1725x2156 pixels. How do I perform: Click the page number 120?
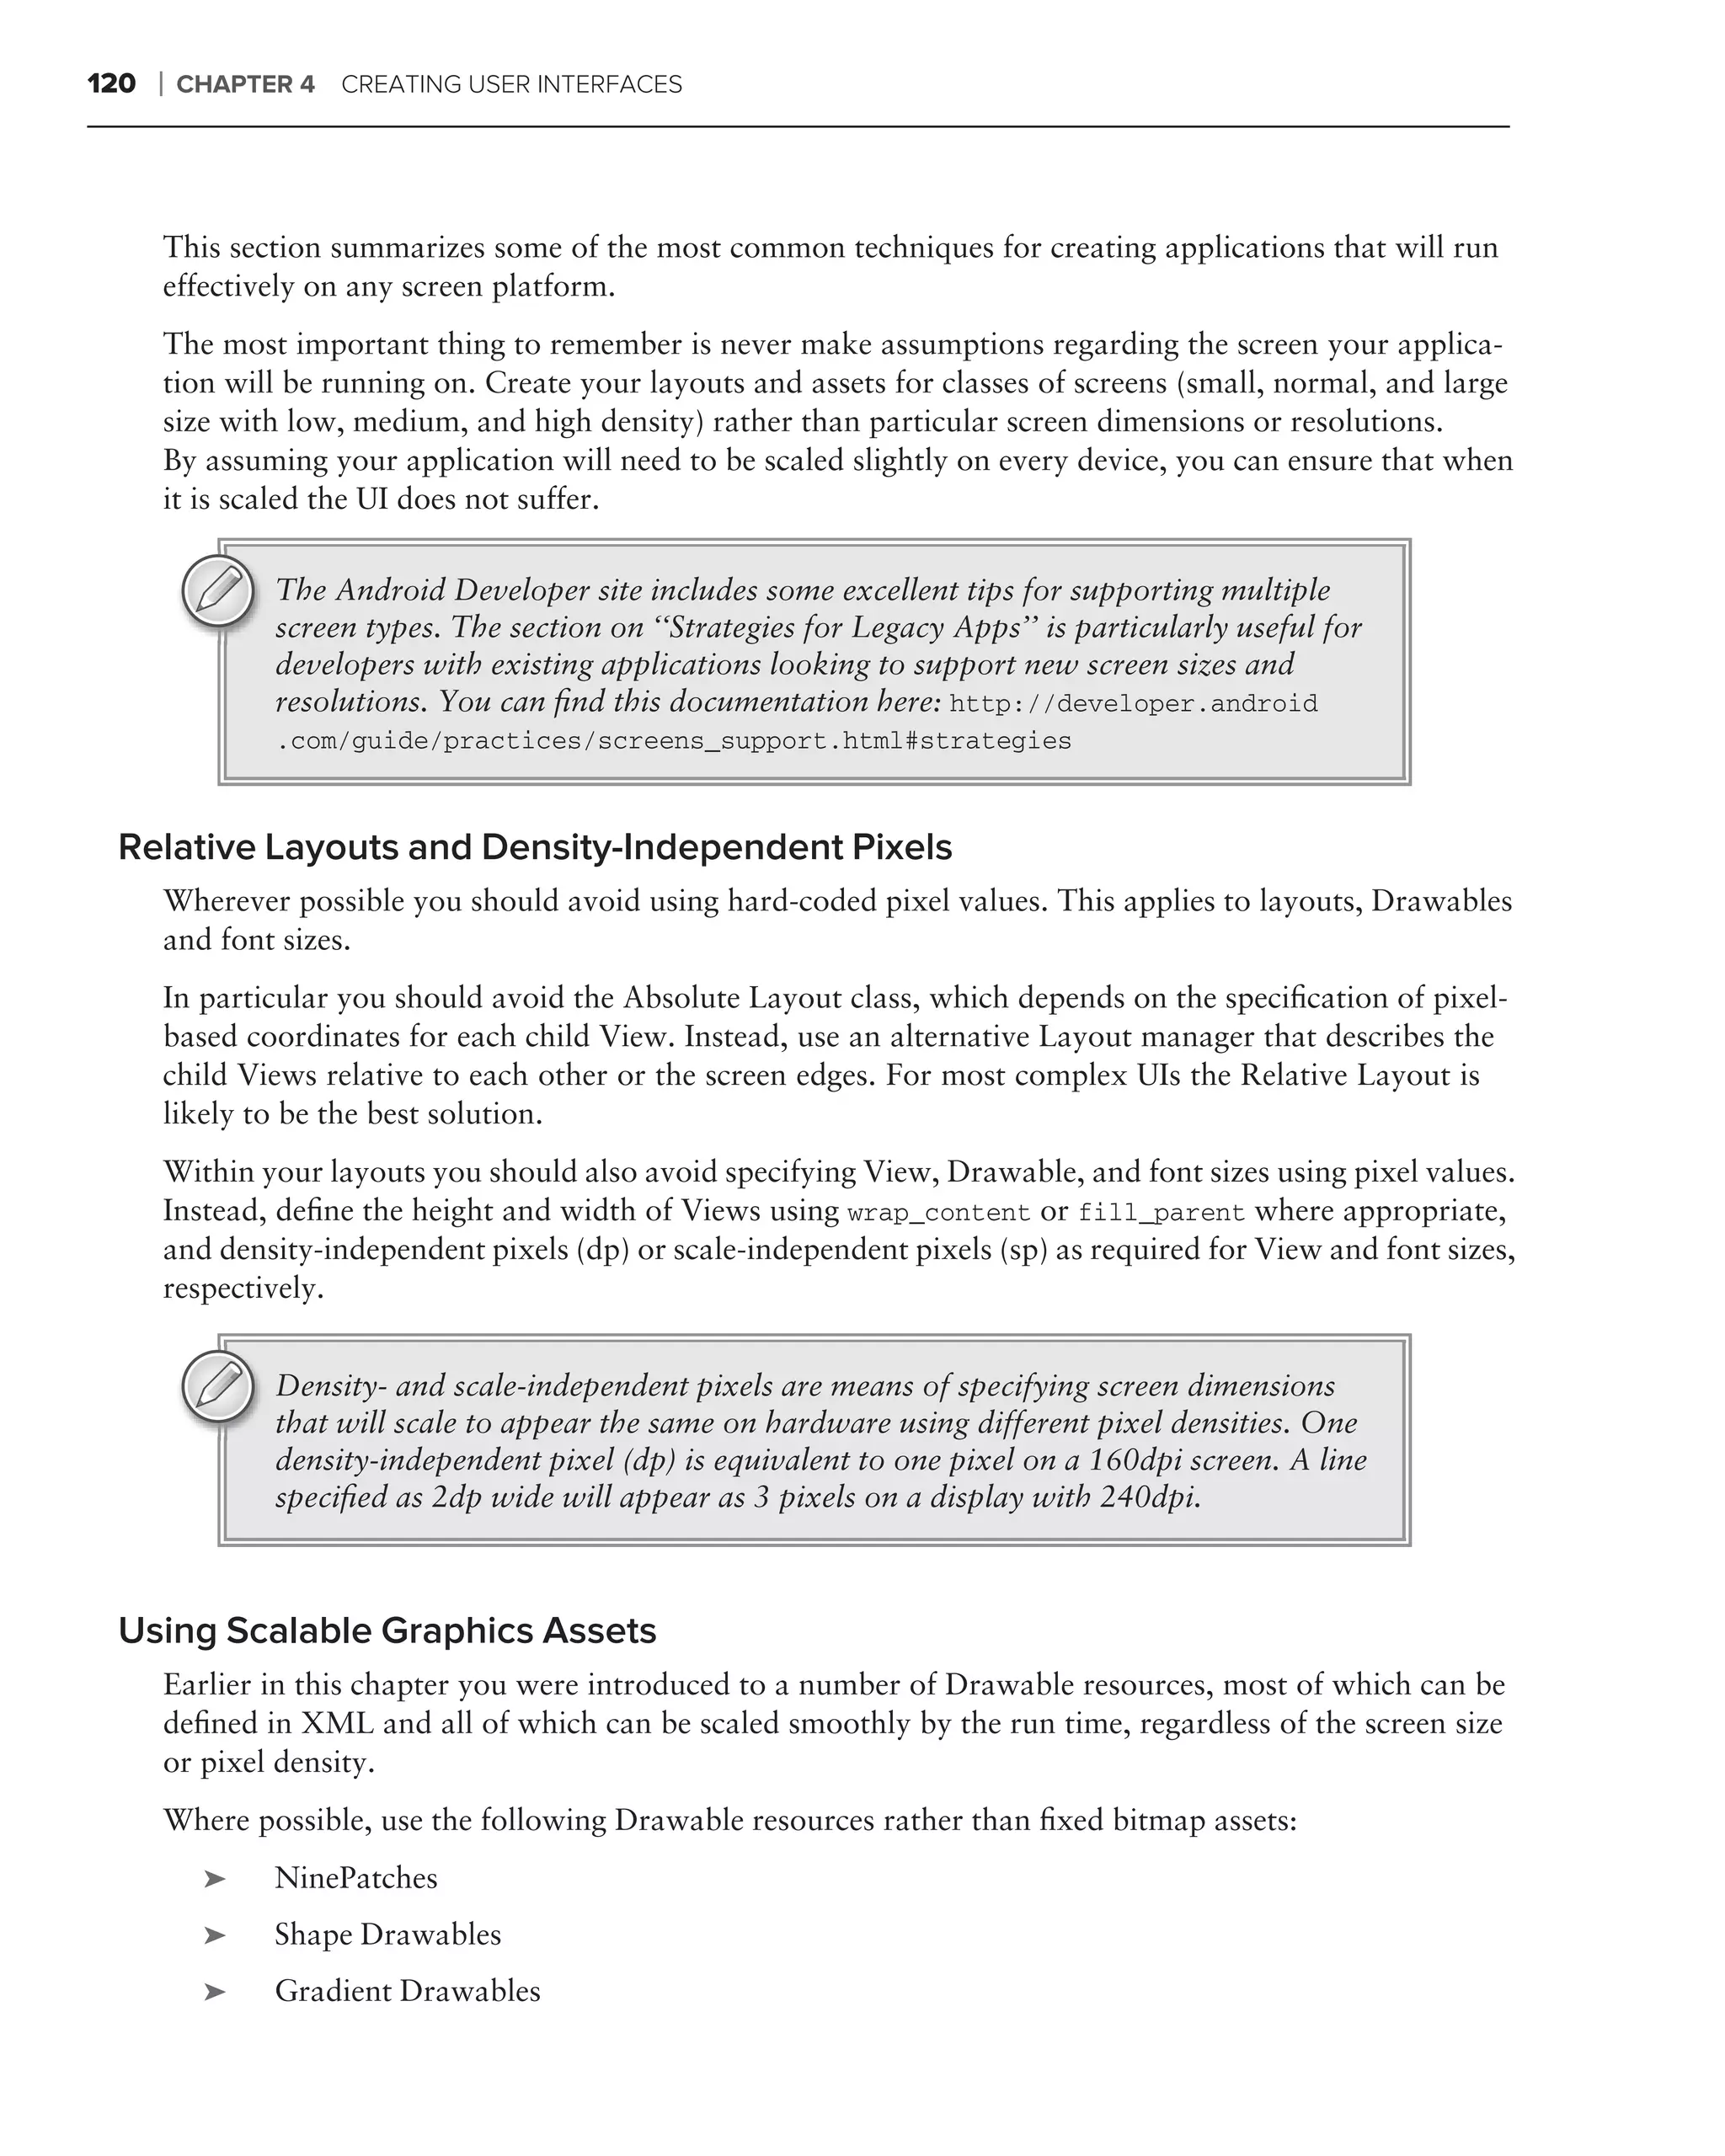click(x=111, y=84)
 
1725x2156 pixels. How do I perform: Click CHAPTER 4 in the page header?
click(x=245, y=85)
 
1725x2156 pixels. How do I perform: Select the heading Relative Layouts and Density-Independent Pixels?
click(x=535, y=847)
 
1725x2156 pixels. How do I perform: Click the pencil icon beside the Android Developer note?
click(x=218, y=591)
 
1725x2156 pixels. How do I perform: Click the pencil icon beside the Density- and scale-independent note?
click(x=218, y=1386)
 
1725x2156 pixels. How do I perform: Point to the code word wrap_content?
click(x=938, y=1213)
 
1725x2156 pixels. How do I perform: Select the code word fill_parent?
click(x=1161, y=1213)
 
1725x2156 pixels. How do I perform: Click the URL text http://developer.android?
click(x=1133, y=704)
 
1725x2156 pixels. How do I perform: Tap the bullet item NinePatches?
click(x=356, y=1878)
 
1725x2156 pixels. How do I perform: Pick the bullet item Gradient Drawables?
click(x=407, y=1991)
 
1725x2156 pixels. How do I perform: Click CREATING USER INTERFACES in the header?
click(x=511, y=85)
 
